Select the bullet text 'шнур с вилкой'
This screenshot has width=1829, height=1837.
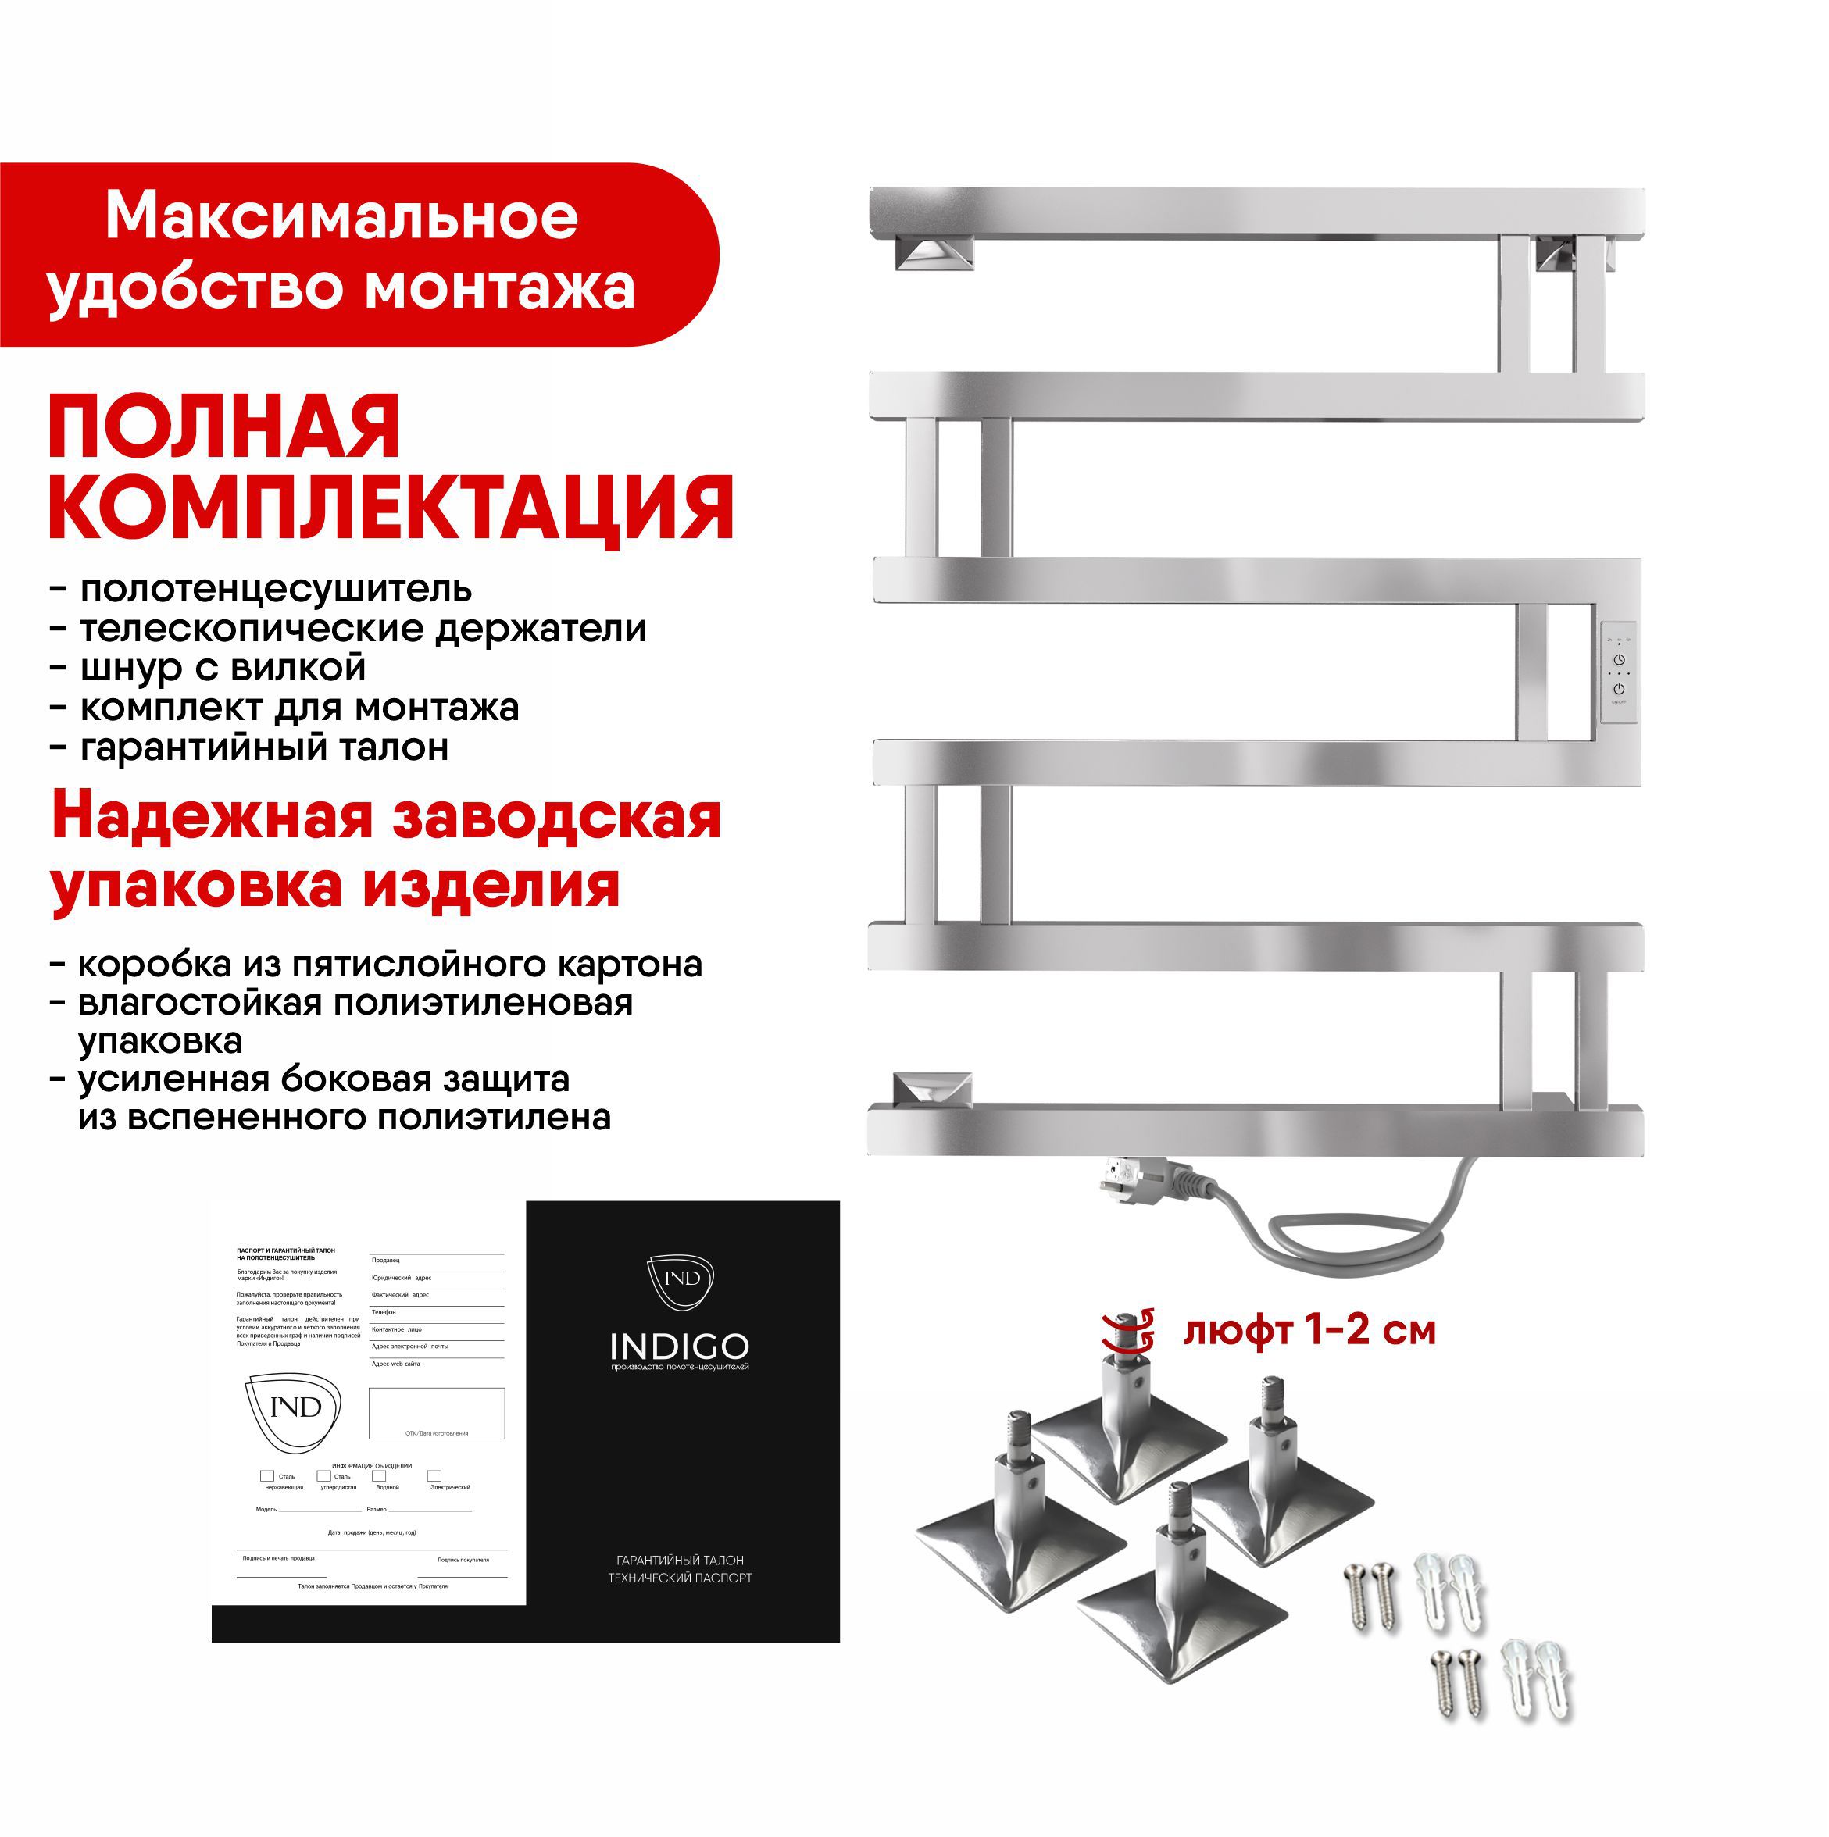click(223, 668)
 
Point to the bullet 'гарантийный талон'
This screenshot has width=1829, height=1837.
click(263, 747)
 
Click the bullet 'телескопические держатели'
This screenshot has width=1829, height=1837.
click(363, 629)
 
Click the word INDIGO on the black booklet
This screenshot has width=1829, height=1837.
click(679, 1347)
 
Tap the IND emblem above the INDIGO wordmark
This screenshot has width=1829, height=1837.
click(680, 1279)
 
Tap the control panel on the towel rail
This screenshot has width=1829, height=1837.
click(1618, 672)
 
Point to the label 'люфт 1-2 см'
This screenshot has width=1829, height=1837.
click(1309, 1331)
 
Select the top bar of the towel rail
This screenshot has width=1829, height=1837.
click(1256, 213)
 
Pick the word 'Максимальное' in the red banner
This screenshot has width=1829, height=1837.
click(341, 218)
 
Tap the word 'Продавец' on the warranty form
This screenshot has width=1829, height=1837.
click(386, 1260)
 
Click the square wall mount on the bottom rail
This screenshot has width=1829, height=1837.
click(931, 1089)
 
